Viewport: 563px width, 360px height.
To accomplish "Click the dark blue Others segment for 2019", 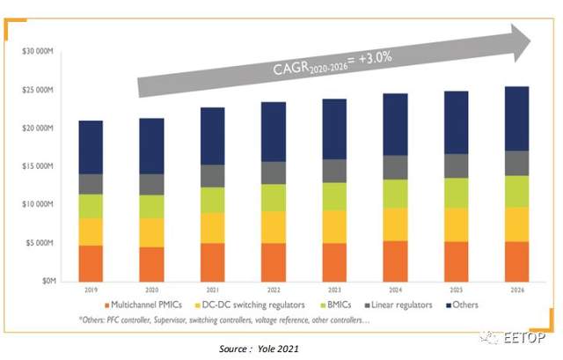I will click(91, 147).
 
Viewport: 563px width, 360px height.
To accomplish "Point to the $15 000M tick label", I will click(39, 166).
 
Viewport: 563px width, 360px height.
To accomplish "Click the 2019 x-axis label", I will click(91, 289).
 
